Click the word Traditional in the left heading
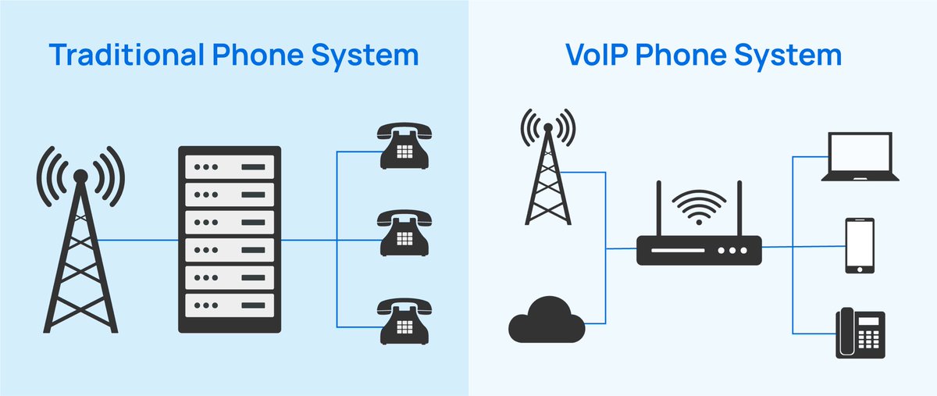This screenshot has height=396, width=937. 126,55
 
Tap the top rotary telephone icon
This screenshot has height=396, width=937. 404,146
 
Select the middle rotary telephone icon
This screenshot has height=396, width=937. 404,234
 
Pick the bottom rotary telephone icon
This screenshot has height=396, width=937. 404,321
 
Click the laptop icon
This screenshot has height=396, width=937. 860,156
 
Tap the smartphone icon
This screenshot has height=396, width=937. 860,246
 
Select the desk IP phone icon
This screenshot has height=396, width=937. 860,334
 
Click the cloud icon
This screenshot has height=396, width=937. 547,320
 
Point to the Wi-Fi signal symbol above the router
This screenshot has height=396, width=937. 699,207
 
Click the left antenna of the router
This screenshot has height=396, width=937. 659,209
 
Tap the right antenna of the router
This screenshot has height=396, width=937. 739,209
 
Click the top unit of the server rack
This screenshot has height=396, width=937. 230,167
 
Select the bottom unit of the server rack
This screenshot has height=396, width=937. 230,305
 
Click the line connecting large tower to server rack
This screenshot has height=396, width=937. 137,241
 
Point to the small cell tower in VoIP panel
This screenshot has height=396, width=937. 548,167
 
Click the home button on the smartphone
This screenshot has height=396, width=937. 860,269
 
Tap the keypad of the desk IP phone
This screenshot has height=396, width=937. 868,340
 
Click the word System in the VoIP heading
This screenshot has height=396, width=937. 788,55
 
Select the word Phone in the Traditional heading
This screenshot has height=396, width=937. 258,55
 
